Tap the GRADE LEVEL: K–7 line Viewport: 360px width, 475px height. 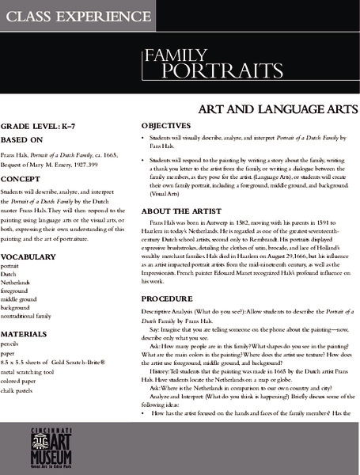click(x=36, y=126)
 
